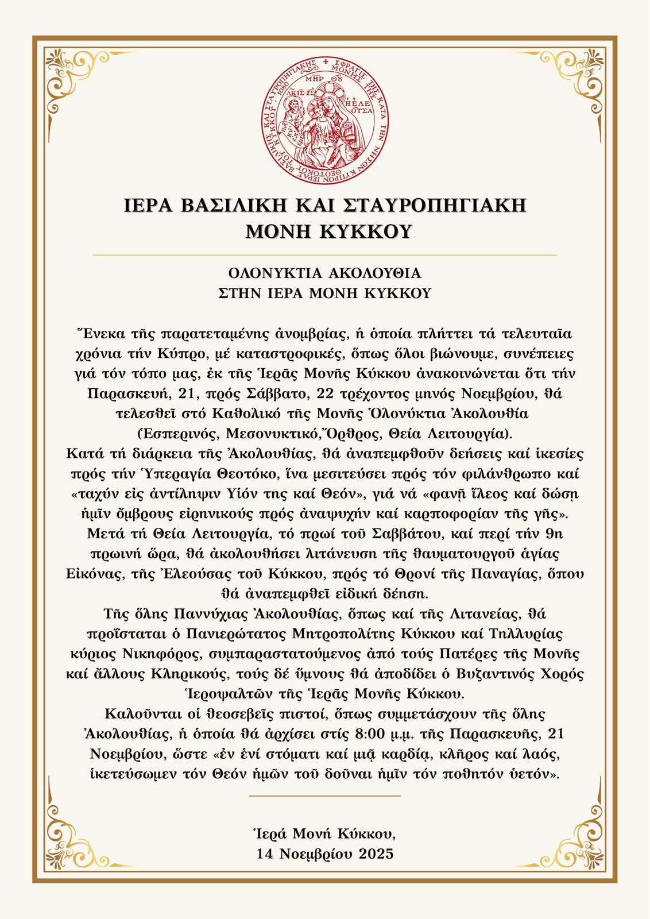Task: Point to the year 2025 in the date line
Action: point(377,854)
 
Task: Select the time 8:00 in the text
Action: point(370,734)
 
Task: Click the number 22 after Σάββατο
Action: point(334,394)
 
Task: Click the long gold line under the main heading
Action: point(325,254)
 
